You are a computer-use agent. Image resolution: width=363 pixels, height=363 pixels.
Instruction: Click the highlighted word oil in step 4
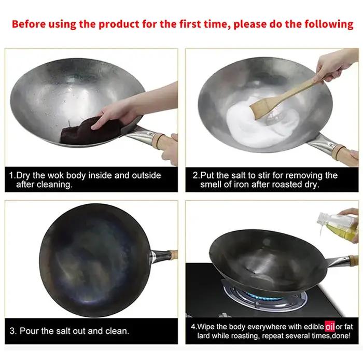coord(330,327)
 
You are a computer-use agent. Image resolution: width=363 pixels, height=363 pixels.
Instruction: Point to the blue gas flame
coord(264,296)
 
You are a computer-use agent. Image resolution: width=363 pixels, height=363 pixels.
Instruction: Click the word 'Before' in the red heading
coord(29,24)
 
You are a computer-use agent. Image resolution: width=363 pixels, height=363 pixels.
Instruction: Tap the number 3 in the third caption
coord(12,331)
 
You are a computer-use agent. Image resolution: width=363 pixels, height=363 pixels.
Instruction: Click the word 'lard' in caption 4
coord(203,336)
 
